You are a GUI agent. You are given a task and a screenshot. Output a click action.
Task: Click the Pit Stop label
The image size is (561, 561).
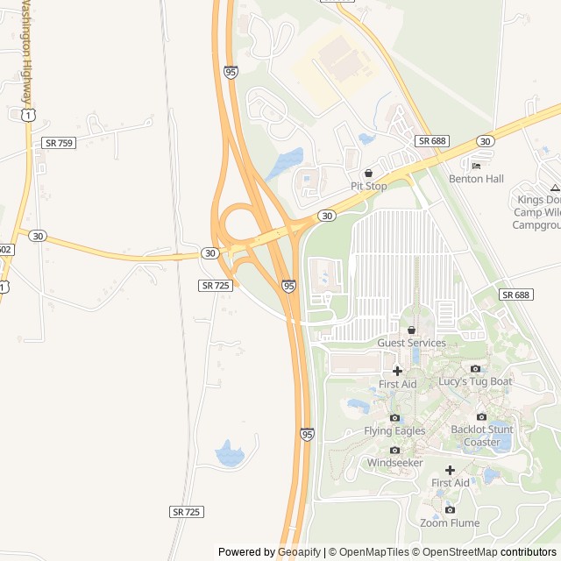click(x=368, y=186)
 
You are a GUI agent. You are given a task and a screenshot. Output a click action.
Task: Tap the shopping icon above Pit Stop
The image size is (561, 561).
click(x=368, y=174)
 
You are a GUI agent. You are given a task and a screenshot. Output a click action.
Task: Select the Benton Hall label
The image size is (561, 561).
click(x=476, y=179)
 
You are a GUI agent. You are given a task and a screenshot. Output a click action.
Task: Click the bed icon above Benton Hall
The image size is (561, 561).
click(x=476, y=166)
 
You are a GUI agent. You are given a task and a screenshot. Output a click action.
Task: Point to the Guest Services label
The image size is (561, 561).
click(x=411, y=343)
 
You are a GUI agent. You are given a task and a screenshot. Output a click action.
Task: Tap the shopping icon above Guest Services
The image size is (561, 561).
click(x=411, y=330)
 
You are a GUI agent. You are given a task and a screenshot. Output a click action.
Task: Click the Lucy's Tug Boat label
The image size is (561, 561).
click(x=475, y=381)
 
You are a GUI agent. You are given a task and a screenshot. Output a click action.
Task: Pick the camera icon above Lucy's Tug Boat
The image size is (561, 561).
click(x=475, y=368)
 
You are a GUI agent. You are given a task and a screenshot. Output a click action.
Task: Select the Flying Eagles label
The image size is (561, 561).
click(x=394, y=430)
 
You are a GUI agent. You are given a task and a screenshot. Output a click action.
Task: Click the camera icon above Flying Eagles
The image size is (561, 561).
click(x=394, y=417)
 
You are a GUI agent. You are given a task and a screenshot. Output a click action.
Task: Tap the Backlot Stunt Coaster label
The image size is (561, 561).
click(x=481, y=436)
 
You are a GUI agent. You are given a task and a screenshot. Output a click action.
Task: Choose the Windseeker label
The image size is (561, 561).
click(x=394, y=462)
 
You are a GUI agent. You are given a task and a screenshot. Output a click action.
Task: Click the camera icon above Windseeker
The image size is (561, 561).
click(x=394, y=450)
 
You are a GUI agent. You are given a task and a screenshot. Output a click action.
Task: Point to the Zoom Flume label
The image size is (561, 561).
click(x=450, y=523)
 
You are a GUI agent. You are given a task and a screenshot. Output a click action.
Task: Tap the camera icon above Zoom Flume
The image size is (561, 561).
click(x=450, y=509)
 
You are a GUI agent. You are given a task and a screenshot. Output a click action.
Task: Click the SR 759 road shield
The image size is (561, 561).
click(x=59, y=143)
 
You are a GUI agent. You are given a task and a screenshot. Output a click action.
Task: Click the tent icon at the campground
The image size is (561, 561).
click(x=554, y=187)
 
